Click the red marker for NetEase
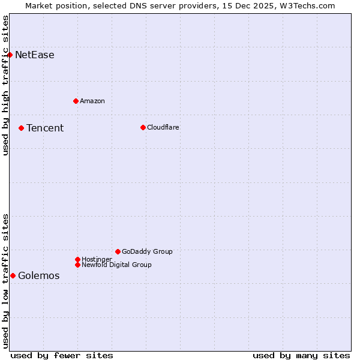10,55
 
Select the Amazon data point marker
76,101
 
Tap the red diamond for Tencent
21,128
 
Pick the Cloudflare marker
143,127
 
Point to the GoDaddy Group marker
118,251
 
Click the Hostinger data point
77,259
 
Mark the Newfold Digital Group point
77,265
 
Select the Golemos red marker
13,275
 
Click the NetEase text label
35,55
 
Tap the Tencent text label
45,128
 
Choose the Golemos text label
39,276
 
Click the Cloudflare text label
163,127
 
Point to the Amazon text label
92,101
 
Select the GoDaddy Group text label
147,251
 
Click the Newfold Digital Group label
116,265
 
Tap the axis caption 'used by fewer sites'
62,355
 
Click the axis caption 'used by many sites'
301,355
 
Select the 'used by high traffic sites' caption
6,85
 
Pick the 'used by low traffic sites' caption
6,281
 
